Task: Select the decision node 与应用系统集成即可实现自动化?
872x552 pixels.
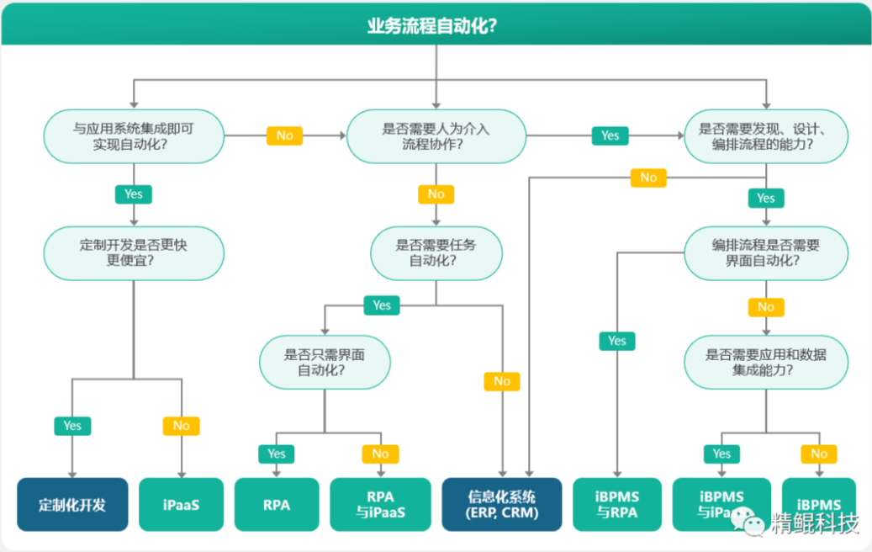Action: click(134, 136)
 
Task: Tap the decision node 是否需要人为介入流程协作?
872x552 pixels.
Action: click(436, 136)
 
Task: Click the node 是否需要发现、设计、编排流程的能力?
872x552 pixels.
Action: click(765, 136)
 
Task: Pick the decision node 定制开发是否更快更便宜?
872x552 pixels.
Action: click(134, 252)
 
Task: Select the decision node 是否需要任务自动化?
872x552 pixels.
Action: click(436, 252)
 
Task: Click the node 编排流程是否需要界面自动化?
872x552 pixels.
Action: click(765, 252)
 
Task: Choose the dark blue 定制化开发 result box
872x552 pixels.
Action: click(72, 505)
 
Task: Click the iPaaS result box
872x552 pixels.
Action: click(182, 505)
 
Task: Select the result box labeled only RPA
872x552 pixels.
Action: click(277, 505)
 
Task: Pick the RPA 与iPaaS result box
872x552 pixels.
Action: click(380, 505)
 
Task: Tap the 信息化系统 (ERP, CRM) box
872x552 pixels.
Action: click(502, 505)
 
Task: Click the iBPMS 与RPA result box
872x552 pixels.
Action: click(617, 505)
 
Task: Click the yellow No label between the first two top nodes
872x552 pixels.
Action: click(284, 135)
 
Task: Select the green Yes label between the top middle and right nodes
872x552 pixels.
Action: click(610, 135)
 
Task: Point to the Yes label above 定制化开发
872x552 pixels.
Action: click(72, 426)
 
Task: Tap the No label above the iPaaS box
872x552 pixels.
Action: click(182, 426)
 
